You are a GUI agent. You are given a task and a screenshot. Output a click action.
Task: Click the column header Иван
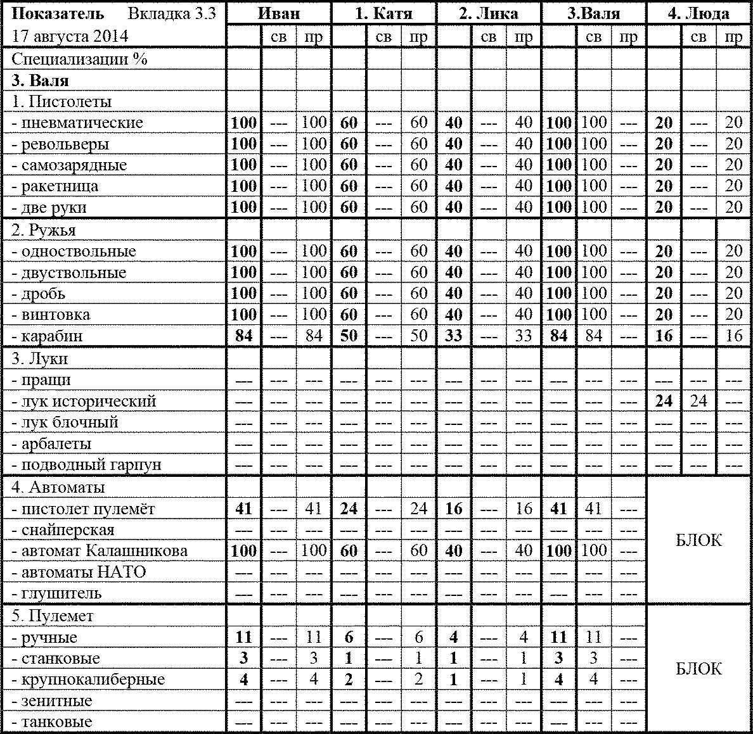click(x=279, y=14)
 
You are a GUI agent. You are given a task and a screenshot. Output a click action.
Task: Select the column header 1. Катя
click(x=383, y=14)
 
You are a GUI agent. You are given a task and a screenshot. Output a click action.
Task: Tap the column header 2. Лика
click(x=488, y=14)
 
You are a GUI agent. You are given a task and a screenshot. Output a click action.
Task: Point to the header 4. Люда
click(x=698, y=14)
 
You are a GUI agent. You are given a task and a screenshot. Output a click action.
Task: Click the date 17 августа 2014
click(x=70, y=36)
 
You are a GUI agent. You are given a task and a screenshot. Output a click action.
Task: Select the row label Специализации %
click(x=79, y=59)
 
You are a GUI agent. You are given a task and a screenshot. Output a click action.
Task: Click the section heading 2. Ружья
click(x=44, y=230)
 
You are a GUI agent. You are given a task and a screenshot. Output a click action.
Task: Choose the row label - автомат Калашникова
click(x=100, y=550)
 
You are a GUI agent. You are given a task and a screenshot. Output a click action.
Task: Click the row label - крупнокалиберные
click(x=88, y=680)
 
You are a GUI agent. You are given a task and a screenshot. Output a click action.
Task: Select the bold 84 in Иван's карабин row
click(x=243, y=336)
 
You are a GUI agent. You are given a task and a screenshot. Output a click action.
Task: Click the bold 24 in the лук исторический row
click(x=663, y=401)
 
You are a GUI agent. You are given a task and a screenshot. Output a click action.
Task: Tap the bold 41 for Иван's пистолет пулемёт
click(x=243, y=509)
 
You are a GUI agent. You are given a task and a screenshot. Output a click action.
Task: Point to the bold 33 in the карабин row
click(x=453, y=336)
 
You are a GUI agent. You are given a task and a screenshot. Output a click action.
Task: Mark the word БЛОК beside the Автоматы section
click(x=698, y=540)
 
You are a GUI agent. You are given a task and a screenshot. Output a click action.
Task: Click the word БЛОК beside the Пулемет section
click(x=698, y=669)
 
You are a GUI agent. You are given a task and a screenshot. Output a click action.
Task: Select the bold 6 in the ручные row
click(x=349, y=638)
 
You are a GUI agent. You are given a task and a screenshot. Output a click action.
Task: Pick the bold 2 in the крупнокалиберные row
click(x=349, y=680)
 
